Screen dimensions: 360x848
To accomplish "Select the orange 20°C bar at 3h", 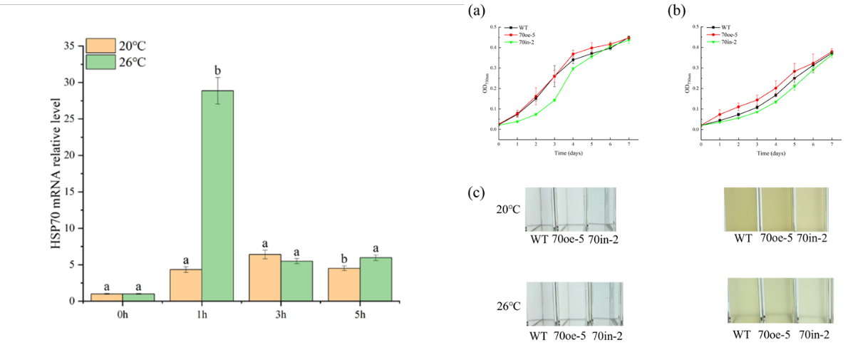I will click(x=264, y=278).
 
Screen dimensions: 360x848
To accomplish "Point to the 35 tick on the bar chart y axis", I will click(x=68, y=46).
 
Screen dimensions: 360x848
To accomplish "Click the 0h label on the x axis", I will click(x=123, y=314).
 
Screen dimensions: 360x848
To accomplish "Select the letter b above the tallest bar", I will click(x=218, y=71).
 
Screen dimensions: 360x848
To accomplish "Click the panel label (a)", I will click(x=476, y=11).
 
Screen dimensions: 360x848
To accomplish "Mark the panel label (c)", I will click(x=476, y=192).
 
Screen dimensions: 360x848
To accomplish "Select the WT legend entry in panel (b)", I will click(x=725, y=26).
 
